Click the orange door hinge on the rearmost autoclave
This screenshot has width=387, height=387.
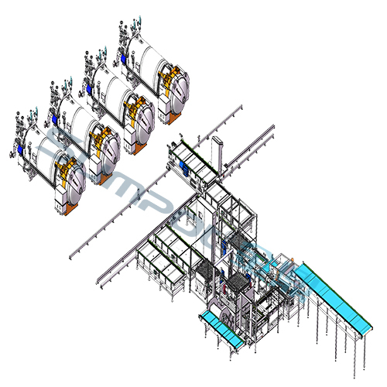tap(164, 77)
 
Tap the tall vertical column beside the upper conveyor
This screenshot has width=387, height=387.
tap(219, 155)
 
